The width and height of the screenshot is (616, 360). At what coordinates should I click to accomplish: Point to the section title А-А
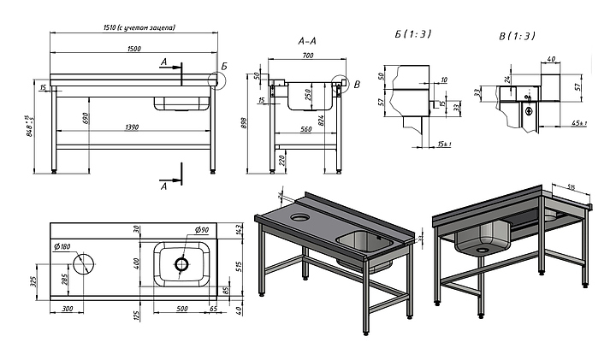point(308,41)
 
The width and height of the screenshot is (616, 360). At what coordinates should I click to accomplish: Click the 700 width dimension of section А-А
point(308,56)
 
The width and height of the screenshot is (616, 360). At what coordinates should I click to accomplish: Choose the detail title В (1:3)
point(517,35)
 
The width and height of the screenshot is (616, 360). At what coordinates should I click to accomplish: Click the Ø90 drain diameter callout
point(203,229)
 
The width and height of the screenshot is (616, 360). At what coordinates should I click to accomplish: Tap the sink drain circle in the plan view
point(181,264)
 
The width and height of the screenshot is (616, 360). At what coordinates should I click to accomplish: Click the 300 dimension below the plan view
point(67,310)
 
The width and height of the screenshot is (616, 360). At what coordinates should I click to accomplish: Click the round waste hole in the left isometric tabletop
point(299,218)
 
